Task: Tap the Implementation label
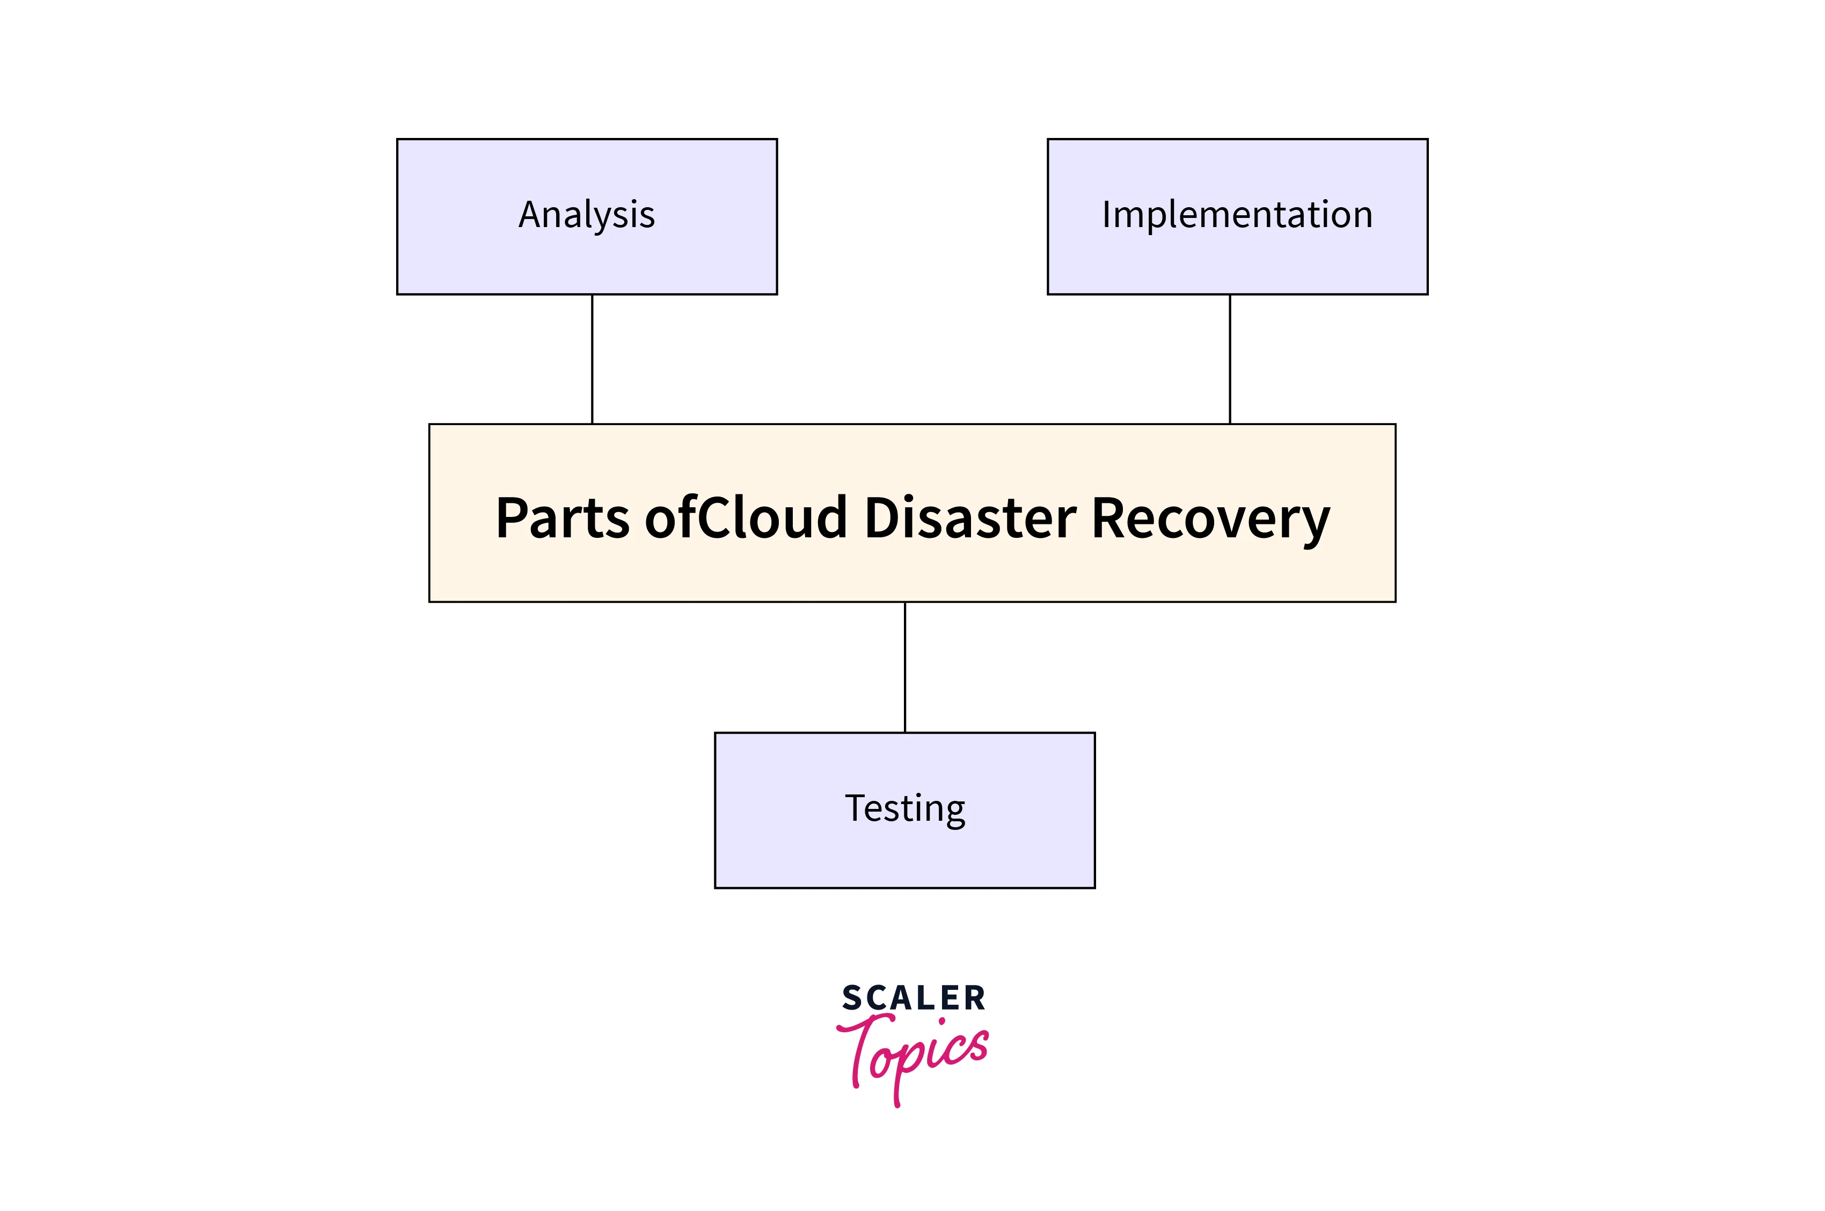pyautogui.click(x=1237, y=215)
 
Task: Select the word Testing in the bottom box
pyautogui.click(x=904, y=808)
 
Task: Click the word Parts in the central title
pyautogui.click(x=562, y=517)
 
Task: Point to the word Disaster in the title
pyautogui.click(x=970, y=517)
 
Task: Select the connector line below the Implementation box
pyautogui.click(x=1230, y=359)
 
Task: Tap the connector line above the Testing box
pyautogui.click(x=904, y=667)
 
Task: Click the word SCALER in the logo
pyautogui.click(x=914, y=998)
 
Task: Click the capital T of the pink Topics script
pyautogui.click(x=857, y=1047)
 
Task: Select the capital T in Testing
pyautogui.click(x=854, y=808)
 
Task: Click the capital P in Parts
pyautogui.click(x=513, y=517)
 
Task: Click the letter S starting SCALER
pyautogui.click(x=851, y=998)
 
